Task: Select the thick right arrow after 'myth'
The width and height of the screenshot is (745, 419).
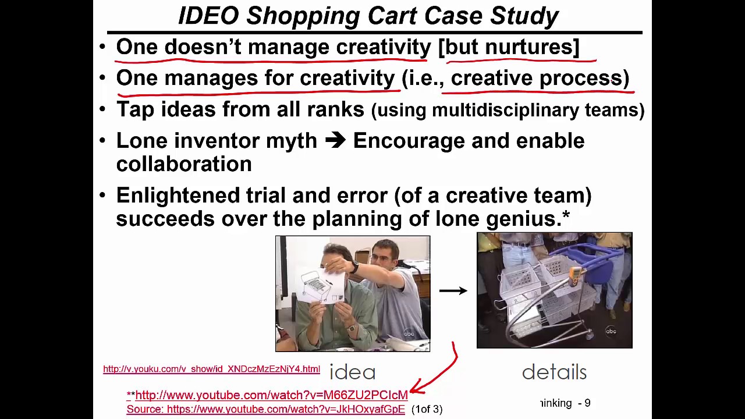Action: click(335, 141)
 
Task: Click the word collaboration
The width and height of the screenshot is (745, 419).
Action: click(184, 164)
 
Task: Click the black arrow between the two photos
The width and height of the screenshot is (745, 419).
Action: click(453, 290)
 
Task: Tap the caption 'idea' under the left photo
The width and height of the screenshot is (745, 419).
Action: click(352, 372)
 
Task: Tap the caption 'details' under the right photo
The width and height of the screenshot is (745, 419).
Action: click(554, 372)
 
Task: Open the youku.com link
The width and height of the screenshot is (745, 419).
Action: click(211, 369)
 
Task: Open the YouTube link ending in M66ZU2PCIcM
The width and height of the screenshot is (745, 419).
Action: click(271, 395)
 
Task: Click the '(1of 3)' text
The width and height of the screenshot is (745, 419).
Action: click(427, 410)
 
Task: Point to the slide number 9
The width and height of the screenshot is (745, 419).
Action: click(587, 403)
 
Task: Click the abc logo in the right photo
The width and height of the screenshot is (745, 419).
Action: click(611, 331)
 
